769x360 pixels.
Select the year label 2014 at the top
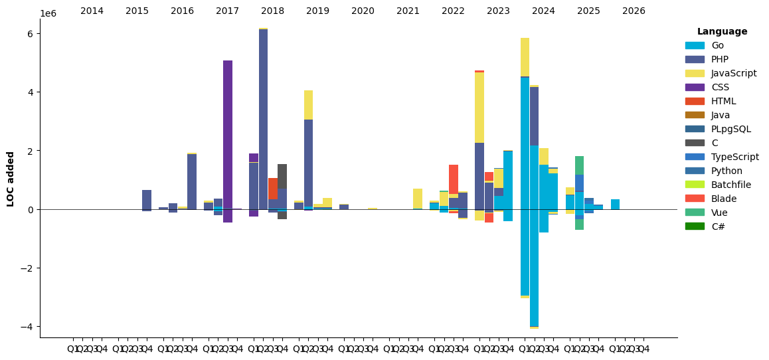(92, 11)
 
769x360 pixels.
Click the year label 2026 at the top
(634, 11)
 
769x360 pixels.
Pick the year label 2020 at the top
(363, 11)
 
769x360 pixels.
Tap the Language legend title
(722, 31)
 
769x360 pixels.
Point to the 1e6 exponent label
(48, 14)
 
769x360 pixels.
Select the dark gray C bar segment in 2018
(282, 176)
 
